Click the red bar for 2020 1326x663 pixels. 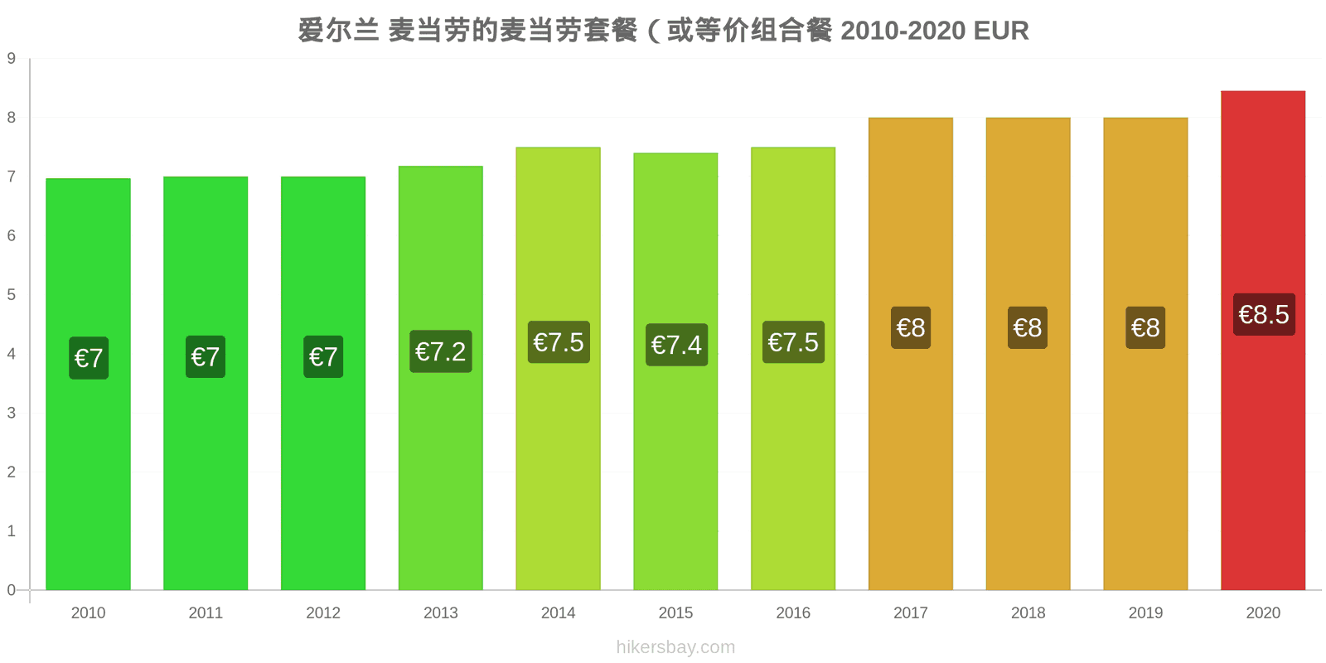[x=1263, y=341]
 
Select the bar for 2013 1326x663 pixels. [x=440, y=378]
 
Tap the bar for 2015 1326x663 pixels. [x=675, y=372]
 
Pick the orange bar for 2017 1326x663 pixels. [x=911, y=354]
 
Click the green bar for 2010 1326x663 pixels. [x=88, y=385]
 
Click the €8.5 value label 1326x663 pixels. [x=1264, y=314]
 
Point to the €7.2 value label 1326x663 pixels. [x=440, y=351]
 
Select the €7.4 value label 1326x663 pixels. [x=676, y=345]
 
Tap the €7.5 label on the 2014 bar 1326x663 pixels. [x=559, y=342]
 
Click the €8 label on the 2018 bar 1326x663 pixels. [x=1028, y=327]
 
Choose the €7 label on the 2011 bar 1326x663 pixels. [x=206, y=356]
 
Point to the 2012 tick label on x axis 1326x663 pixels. [x=323, y=612]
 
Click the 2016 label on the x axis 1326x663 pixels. [x=793, y=612]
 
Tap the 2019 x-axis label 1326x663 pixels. [x=1145, y=612]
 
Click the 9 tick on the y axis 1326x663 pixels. [x=12, y=58]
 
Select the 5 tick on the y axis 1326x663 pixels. [x=12, y=294]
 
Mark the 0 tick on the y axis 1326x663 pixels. [x=12, y=589]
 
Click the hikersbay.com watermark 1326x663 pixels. [x=675, y=647]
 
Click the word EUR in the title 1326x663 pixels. [x=1001, y=31]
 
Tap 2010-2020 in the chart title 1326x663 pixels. [x=903, y=31]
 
